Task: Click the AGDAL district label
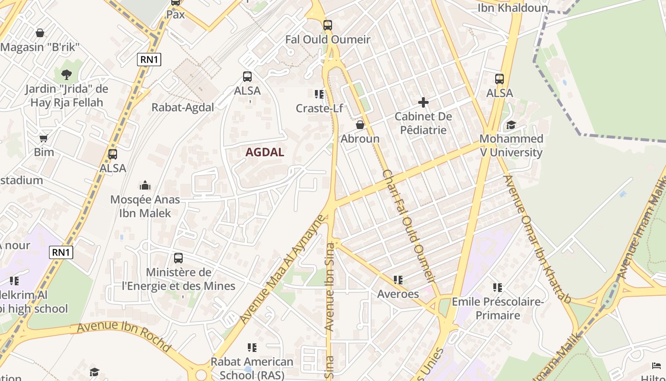coord(265,152)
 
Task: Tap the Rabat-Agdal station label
coord(183,107)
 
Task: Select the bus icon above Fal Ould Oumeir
coord(328,25)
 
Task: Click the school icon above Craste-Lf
coord(319,94)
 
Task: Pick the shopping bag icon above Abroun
coord(360,125)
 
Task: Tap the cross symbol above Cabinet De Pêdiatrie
coord(423,102)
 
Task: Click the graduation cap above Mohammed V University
coord(511,125)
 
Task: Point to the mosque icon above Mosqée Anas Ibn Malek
coord(145,185)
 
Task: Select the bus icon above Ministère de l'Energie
coord(178,258)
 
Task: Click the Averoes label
coord(398,294)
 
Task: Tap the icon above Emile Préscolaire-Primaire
coord(498,287)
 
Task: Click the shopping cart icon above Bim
coord(44,139)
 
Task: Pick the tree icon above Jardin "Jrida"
coord(66,74)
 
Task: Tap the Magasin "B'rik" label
coord(40,47)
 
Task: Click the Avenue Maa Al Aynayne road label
coord(283,270)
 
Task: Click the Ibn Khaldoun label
coord(513,8)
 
